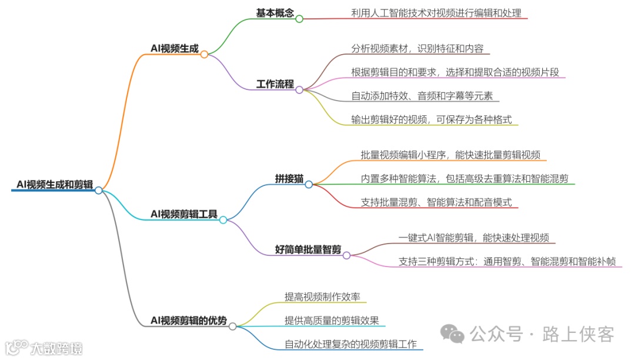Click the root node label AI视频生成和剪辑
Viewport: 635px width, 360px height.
pos(55,185)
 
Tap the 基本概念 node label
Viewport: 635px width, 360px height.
pos(275,13)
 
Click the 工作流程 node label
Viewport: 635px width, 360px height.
pos(275,84)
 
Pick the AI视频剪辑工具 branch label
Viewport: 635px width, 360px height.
pos(184,214)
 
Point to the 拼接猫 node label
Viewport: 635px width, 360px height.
pos(289,178)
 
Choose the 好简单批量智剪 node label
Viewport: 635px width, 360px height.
pos(308,249)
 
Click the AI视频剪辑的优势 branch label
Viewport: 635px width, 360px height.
pos(189,321)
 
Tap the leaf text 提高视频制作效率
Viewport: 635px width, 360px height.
pos(322,297)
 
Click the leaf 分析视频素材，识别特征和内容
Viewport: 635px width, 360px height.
pos(417,49)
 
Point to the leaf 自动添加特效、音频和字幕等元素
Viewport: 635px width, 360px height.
pos(422,96)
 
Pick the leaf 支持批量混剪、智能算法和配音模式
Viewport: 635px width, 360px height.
pos(436,202)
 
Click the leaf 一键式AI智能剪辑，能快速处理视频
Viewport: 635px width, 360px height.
pos(474,238)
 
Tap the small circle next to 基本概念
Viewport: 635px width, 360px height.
pos(299,19)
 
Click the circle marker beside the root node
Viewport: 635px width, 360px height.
pos(99,190)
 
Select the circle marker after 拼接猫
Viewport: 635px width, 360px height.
pos(309,184)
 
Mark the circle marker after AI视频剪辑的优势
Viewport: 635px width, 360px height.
pos(233,326)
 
